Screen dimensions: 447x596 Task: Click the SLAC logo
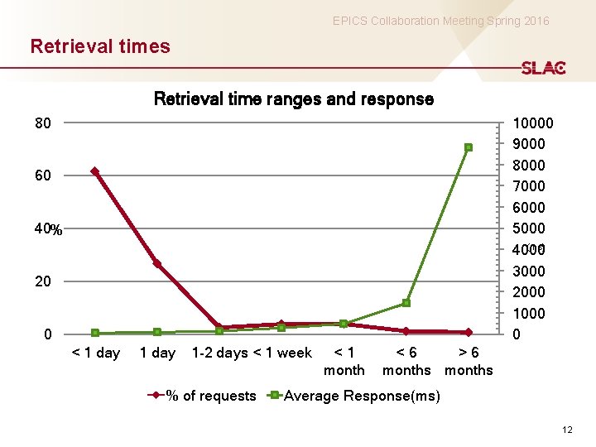(x=543, y=68)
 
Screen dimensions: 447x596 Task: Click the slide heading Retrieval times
(x=100, y=46)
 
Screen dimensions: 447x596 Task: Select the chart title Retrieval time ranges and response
(x=294, y=99)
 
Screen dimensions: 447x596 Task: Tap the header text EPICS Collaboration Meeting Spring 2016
(x=440, y=21)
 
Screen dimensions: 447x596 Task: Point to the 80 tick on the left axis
(x=43, y=124)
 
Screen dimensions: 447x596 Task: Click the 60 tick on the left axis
(x=43, y=176)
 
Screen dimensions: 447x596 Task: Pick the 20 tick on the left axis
(x=43, y=282)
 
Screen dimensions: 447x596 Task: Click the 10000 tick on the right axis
(x=533, y=124)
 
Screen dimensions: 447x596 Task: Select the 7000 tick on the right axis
(x=529, y=186)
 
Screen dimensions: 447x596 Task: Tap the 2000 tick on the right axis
(x=529, y=292)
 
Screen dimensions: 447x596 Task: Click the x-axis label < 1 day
(x=96, y=353)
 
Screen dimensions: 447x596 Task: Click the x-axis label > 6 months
(x=469, y=361)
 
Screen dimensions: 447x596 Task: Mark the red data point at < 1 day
(x=95, y=171)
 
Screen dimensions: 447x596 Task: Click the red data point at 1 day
(x=157, y=264)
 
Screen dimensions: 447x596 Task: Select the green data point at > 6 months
(x=469, y=147)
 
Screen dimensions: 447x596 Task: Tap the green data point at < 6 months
(x=406, y=303)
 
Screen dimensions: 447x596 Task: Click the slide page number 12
(x=566, y=429)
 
